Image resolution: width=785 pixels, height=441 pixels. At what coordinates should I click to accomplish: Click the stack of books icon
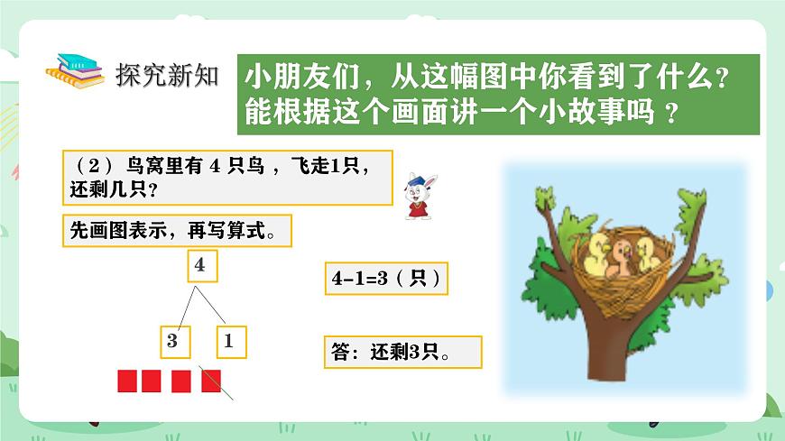tap(78, 73)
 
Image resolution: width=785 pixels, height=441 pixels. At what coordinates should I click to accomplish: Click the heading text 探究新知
tap(167, 74)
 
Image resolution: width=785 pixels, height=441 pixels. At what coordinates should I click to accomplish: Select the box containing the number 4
tap(200, 266)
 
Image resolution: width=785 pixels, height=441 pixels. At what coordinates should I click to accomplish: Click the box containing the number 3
tap(173, 341)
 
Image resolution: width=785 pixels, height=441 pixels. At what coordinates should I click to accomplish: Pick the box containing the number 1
tap(230, 341)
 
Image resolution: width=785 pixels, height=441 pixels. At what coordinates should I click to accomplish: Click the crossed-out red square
tap(211, 381)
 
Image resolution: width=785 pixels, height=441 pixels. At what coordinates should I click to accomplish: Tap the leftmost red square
tap(127, 381)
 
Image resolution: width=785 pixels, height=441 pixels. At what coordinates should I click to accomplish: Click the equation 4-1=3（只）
tap(387, 279)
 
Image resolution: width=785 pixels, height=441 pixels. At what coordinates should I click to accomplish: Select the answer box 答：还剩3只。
tap(402, 353)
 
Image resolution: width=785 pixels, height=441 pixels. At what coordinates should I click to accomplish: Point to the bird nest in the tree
tap(623, 271)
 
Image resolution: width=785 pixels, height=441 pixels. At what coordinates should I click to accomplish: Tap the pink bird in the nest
tap(621, 259)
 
